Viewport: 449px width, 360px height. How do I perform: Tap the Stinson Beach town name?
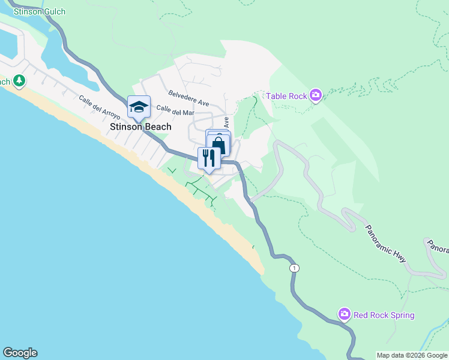pyautogui.click(x=140, y=127)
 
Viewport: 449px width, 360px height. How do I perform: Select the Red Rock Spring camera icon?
pyautogui.click(x=344, y=314)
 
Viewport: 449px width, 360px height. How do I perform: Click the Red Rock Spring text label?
pyautogui.click(x=384, y=315)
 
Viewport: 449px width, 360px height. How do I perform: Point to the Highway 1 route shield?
pyautogui.click(x=294, y=268)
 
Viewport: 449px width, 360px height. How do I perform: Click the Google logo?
pyautogui.click(x=20, y=353)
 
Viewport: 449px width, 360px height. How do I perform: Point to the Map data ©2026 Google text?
pyautogui.click(x=412, y=355)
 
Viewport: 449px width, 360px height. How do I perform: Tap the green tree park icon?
pyautogui.click(x=19, y=80)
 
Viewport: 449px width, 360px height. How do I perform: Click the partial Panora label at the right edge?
pyautogui.click(x=437, y=246)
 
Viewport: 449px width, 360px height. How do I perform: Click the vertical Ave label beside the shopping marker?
pyautogui.click(x=226, y=123)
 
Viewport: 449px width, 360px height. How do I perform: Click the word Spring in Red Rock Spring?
pyautogui.click(x=401, y=315)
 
